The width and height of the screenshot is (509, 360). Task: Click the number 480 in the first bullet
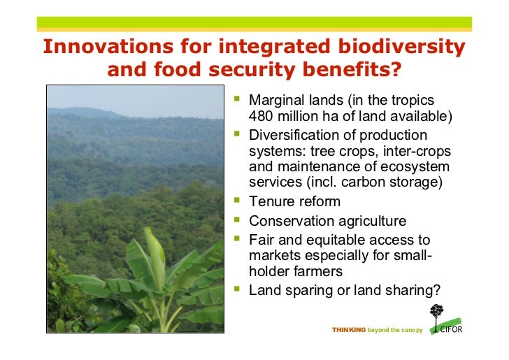tap(262, 116)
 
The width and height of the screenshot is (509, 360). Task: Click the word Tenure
tap(270, 201)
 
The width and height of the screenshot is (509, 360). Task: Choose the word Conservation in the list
tap(292, 221)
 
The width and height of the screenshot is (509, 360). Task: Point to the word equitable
tap(335, 239)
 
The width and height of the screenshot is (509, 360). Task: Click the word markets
tap(274, 255)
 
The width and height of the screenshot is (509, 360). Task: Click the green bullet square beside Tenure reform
tap(237, 201)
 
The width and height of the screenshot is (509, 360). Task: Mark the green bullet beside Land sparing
tap(237, 288)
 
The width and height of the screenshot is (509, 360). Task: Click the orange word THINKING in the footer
tap(349, 330)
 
